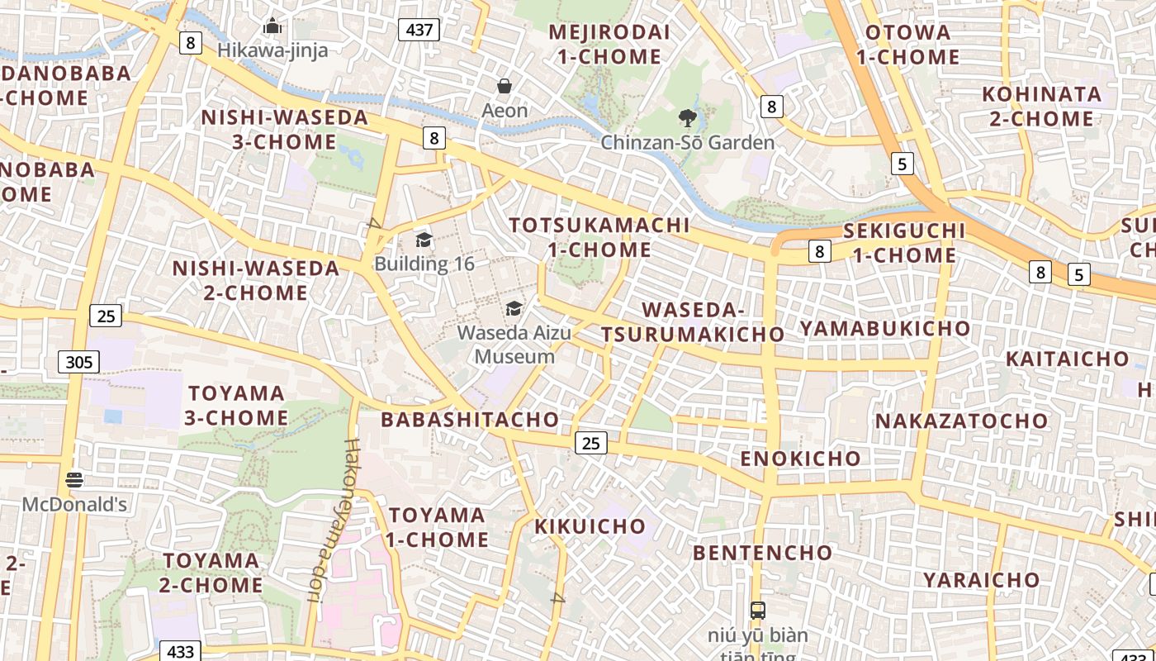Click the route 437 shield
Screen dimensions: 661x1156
(x=419, y=31)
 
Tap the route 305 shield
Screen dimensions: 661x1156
(x=79, y=362)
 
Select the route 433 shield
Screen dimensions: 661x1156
(x=180, y=651)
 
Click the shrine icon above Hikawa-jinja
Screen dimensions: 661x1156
(x=272, y=26)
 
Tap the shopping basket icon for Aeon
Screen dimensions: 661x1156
(x=505, y=86)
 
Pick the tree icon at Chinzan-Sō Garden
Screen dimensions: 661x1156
(x=687, y=118)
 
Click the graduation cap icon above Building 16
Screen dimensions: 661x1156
(x=424, y=240)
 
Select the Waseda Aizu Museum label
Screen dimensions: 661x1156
(x=514, y=345)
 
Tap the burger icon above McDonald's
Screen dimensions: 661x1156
(x=74, y=480)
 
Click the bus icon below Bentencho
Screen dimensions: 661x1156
(x=757, y=611)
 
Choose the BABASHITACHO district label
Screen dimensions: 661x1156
(x=469, y=420)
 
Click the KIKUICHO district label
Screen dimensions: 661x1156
(x=590, y=526)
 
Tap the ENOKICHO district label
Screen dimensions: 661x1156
(x=800, y=459)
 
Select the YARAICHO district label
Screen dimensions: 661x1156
(x=981, y=580)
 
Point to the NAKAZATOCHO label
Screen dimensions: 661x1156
(x=961, y=421)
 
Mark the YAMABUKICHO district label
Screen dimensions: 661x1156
(x=885, y=329)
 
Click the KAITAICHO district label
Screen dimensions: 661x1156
(x=1067, y=359)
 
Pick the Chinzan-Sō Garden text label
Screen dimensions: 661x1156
(x=687, y=143)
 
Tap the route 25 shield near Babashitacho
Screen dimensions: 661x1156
(x=590, y=443)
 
